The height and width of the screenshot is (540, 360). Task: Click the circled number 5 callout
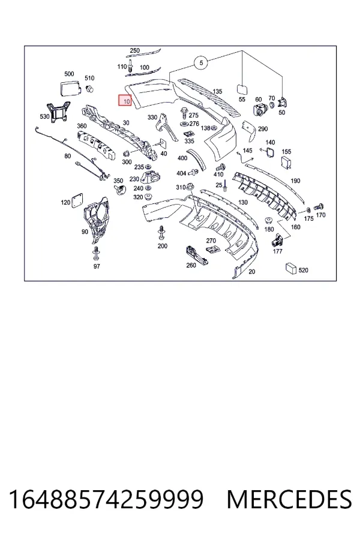pos(201,62)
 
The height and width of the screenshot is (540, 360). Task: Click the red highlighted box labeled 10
pos(125,101)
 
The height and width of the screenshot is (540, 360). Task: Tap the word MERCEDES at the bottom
pos(289,499)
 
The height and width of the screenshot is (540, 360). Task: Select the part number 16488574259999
pos(106,499)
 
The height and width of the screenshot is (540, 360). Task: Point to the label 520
pos(303,271)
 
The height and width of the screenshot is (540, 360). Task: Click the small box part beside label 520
pos(291,269)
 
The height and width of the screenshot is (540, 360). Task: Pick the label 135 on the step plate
pos(217,92)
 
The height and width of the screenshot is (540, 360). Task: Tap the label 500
pos(69,74)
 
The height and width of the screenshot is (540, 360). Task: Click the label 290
pos(263,129)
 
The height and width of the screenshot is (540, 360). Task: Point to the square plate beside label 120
pos(77,201)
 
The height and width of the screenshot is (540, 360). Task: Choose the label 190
pos(295,181)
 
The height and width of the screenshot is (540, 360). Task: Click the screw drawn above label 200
pos(161,233)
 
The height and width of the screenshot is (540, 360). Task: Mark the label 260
pos(191,265)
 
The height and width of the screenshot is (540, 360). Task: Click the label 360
pos(82,126)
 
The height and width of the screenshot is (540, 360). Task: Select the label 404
pos(181,173)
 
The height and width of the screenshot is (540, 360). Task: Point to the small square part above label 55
pos(242,89)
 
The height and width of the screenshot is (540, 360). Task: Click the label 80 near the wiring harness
pos(68,156)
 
